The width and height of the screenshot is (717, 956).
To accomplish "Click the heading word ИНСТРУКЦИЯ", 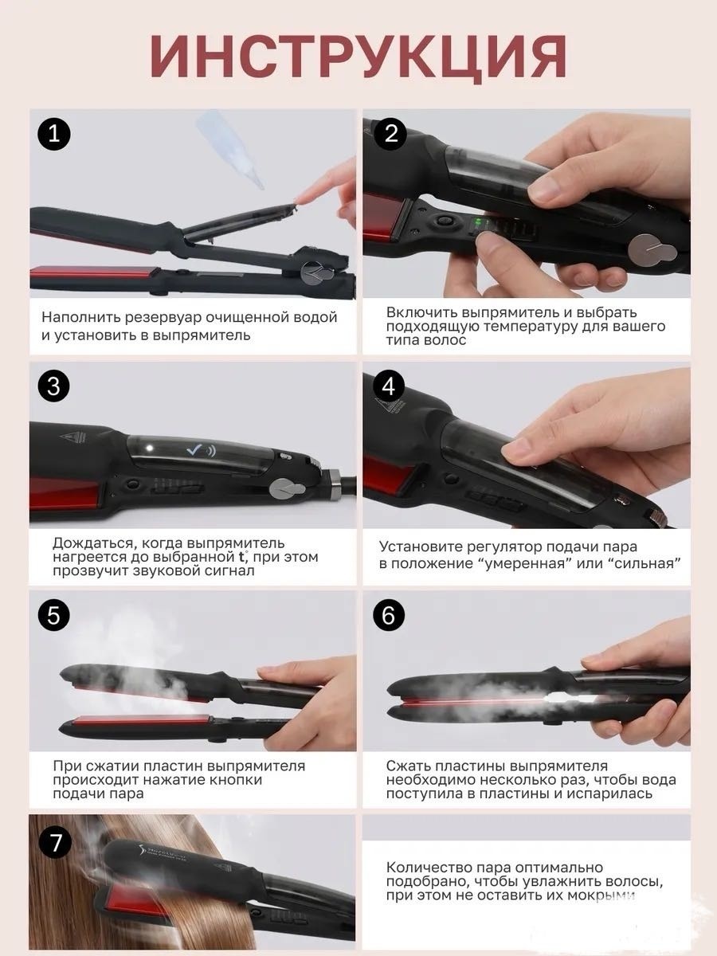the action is click(x=358, y=58).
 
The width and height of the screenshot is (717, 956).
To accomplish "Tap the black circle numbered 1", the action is click(x=54, y=134).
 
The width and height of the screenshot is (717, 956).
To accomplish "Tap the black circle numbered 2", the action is click(x=390, y=133).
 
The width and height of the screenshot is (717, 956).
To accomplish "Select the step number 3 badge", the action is click(x=54, y=386).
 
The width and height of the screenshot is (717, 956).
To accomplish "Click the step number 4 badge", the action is click(x=389, y=386).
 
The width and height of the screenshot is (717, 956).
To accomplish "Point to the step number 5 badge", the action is click(x=54, y=615).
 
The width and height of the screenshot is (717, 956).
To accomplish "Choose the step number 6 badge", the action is click(x=389, y=615).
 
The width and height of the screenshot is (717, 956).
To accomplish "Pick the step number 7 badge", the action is click(x=55, y=843).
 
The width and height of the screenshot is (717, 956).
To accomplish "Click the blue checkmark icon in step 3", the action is click(x=194, y=450).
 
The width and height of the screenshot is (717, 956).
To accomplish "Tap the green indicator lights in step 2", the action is click(x=479, y=223).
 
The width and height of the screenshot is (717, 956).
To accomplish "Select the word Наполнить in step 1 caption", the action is click(x=81, y=318).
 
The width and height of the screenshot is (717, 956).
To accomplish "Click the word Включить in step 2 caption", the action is click(x=420, y=313).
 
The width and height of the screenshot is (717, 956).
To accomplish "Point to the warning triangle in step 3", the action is click(x=78, y=436).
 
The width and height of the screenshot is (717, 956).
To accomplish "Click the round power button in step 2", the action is click(x=444, y=221).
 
